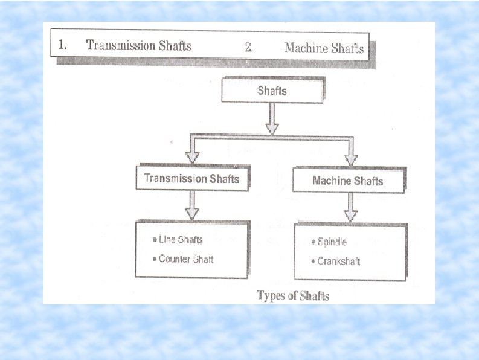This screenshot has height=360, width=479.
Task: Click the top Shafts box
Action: pos(272,91)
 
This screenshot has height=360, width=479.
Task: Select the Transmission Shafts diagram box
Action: pos(191,179)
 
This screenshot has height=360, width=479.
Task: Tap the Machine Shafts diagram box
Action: pos(347,181)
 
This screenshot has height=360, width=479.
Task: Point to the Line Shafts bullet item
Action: pos(181,240)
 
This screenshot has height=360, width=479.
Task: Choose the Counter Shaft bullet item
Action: pos(186,259)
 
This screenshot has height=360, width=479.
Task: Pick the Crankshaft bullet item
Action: pos(339,262)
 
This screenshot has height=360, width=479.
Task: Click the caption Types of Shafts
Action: pos(293,295)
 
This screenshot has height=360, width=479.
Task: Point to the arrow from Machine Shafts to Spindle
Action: pos(350,208)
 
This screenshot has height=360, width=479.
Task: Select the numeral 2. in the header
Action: pos(249,47)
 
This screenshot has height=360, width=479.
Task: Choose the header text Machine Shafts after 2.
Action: pos(324,47)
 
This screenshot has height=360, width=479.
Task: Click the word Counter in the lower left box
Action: pos(172,259)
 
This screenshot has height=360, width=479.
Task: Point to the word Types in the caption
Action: pos(271,295)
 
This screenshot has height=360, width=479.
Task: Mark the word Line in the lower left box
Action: pos(167,240)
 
